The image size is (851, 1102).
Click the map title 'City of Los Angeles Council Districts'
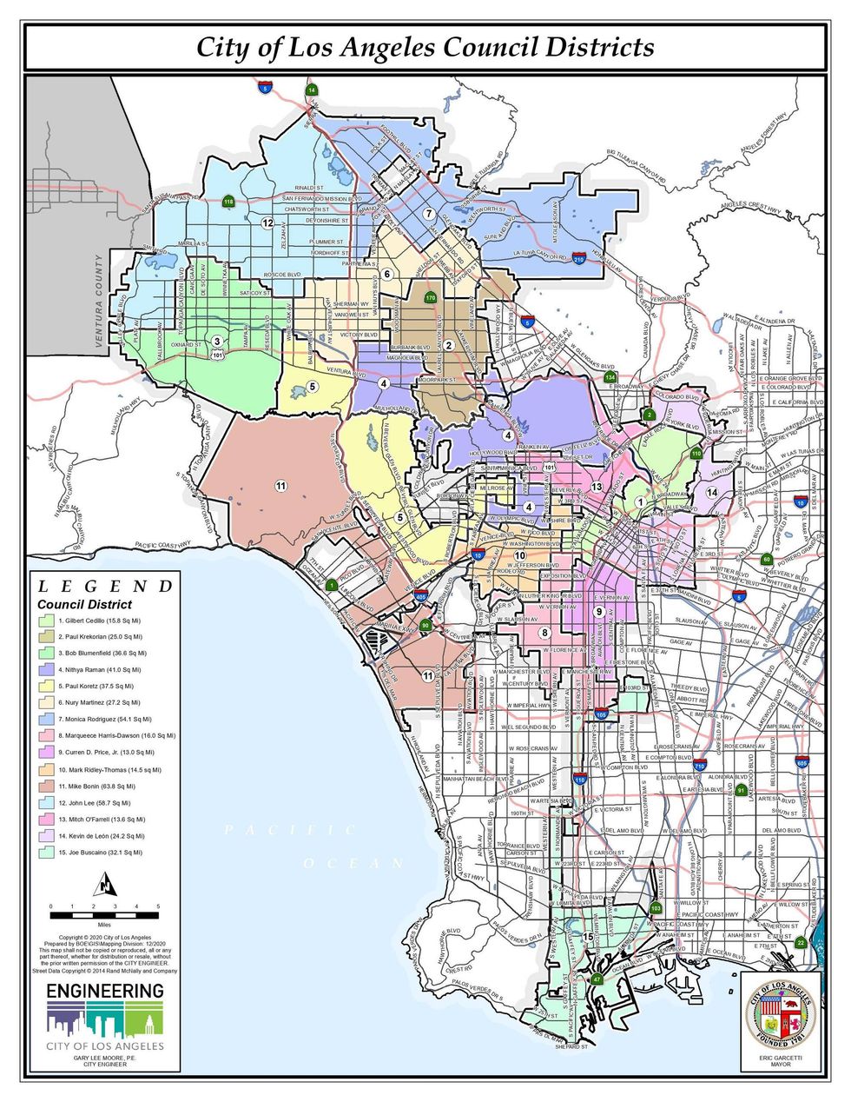coord(425,47)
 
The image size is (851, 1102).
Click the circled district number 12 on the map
coord(268,223)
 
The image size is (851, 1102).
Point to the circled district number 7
coord(428,213)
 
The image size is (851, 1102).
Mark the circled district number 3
coord(216,342)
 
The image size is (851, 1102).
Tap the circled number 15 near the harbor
coord(588,937)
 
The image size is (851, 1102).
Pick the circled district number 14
coord(712,493)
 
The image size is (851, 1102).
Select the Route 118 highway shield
coord(228,202)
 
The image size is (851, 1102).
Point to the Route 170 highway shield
coord(430,298)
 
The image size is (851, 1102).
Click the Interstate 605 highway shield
coord(802,762)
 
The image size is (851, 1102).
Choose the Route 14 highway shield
coord(311,90)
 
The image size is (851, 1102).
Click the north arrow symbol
coord(104,886)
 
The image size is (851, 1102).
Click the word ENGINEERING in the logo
coord(104,991)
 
